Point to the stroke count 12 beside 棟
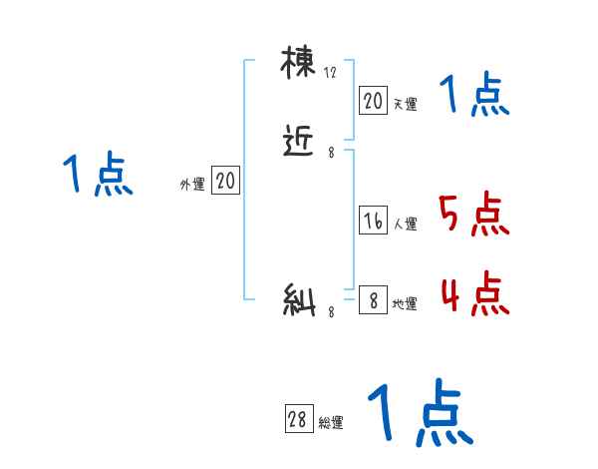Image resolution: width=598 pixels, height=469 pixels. pos(331,72)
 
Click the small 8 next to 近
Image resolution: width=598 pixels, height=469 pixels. pos(331,153)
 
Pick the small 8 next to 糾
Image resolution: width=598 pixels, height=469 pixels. pos(331,311)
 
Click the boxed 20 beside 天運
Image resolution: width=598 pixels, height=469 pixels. pos(373,100)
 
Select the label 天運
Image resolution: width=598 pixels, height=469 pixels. pos(405,103)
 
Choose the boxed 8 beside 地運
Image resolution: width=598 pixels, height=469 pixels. pos(373,299)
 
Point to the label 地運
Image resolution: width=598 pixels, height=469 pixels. pos(405,303)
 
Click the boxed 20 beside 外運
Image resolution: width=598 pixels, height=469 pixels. pos(225,181)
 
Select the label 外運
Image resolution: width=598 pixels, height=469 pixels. pos(192,184)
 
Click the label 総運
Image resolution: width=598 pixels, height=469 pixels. pos(331,423)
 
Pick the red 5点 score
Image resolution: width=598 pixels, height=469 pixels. pos(473,215)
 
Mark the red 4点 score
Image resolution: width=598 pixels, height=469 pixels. pos(473,293)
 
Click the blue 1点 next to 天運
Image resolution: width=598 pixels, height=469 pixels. pos(474,96)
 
